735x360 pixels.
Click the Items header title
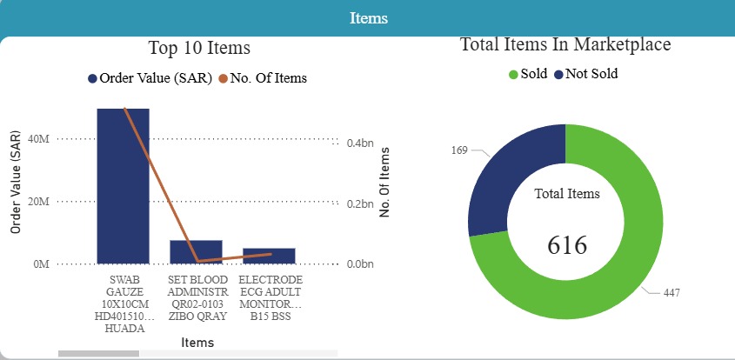point(368,18)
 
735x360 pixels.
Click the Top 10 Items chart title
point(199,48)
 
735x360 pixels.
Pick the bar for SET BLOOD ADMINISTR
point(196,251)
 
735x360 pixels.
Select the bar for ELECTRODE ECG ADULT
point(269,256)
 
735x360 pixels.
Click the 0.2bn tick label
point(359,202)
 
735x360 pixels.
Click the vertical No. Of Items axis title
point(385,182)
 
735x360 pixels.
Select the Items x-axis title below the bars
point(198,343)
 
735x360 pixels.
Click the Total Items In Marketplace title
point(565,44)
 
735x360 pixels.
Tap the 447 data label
point(671,294)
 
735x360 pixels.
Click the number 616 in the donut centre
point(566,246)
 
